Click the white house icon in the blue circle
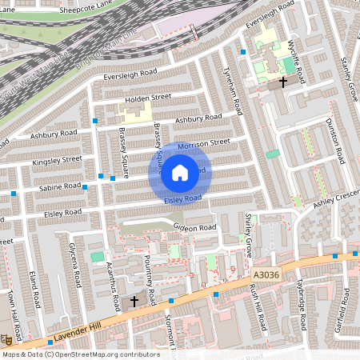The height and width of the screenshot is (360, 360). coord(180,172)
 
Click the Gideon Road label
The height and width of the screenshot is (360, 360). coord(194,228)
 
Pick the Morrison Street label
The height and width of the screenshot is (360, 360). coord(203,144)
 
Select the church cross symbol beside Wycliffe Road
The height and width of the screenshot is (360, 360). coord(282,82)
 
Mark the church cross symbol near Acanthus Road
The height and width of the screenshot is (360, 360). coord(134,301)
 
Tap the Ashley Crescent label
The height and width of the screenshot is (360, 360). coord(336,198)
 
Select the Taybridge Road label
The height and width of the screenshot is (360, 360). coord(302,308)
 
